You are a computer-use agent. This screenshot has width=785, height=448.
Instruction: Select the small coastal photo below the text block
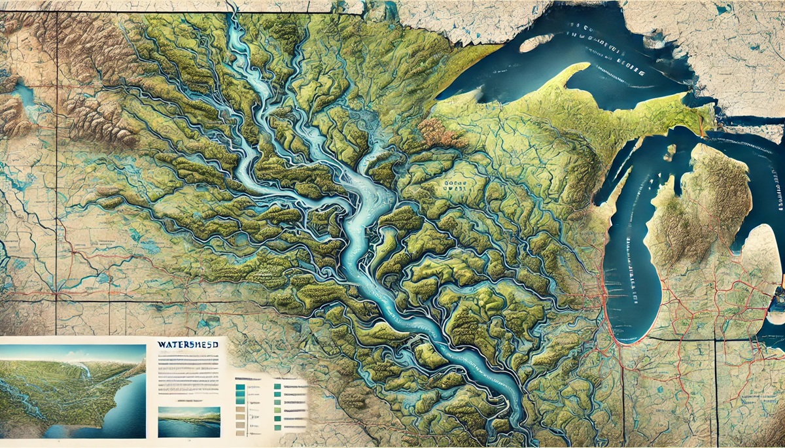coord(189,422)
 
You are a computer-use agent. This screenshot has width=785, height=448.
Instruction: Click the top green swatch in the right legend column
coord(278,387)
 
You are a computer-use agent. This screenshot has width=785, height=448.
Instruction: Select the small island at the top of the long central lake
coord(669,152)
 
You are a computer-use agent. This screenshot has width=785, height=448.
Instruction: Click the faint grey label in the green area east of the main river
coord(451,184)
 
